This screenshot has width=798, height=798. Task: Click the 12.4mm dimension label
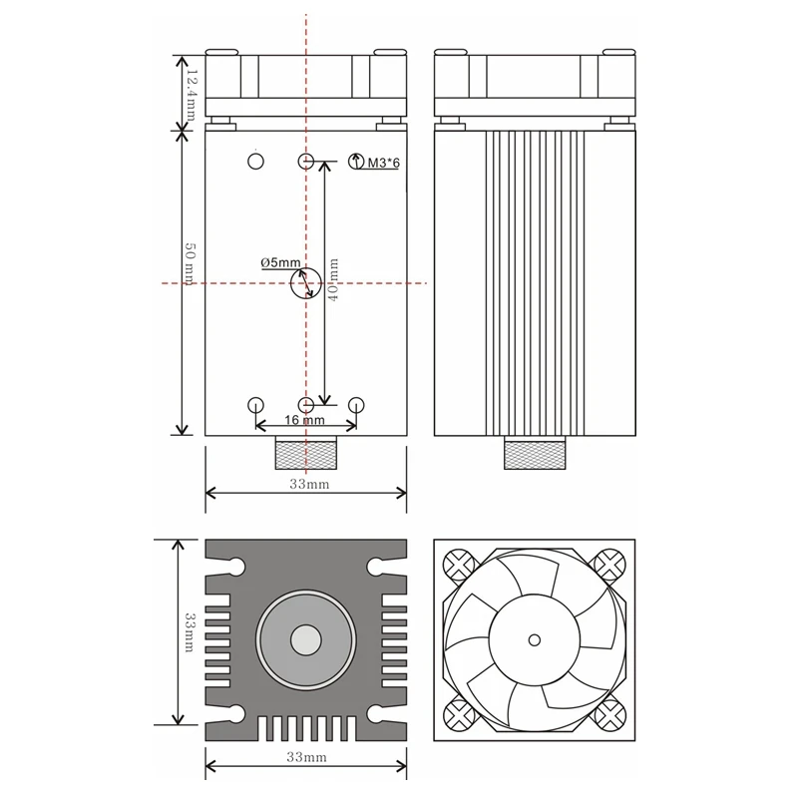pyautogui.click(x=187, y=89)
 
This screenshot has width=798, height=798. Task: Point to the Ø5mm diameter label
pyautogui.click(x=280, y=262)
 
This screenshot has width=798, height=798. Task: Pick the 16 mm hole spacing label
pyautogui.click(x=305, y=420)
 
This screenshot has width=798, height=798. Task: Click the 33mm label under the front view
pyautogui.click(x=308, y=485)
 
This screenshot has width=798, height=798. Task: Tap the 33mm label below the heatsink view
pyautogui.click(x=307, y=759)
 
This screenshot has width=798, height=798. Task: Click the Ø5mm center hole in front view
pyautogui.click(x=306, y=283)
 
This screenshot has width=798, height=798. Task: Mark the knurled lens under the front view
pyautogui.click(x=305, y=455)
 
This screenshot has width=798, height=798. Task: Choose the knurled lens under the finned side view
pyautogui.click(x=536, y=455)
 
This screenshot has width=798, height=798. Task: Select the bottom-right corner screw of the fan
pyautogui.click(x=609, y=714)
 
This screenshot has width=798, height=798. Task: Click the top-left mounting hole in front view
pyautogui.click(x=255, y=161)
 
